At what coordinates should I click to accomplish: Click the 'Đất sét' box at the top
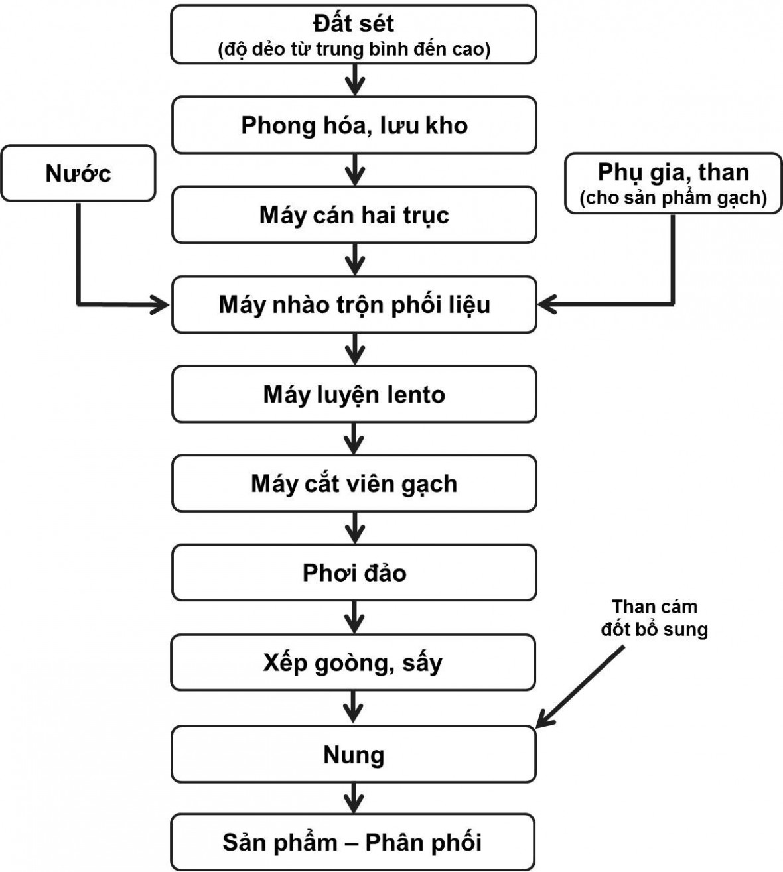[354, 34]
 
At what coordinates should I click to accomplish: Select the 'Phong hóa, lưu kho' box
[354, 125]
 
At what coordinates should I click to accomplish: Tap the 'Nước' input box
[78, 173]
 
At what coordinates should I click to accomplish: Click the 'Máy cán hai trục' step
[354, 215]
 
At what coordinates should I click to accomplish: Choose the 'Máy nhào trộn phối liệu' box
[354, 304]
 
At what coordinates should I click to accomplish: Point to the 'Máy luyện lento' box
[354, 394]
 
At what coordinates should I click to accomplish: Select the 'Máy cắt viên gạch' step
[354, 483]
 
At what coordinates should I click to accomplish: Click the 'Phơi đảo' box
[354, 573]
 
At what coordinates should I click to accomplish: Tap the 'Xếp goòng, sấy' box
[354, 662]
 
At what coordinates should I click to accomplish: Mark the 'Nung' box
[354, 755]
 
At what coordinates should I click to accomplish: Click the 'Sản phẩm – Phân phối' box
[354, 842]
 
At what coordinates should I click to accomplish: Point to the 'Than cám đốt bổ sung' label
[654, 618]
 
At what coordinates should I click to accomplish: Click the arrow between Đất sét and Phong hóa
[356, 80]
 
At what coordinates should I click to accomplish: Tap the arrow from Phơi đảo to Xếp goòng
[354, 617]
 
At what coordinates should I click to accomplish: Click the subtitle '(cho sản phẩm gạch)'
[673, 198]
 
